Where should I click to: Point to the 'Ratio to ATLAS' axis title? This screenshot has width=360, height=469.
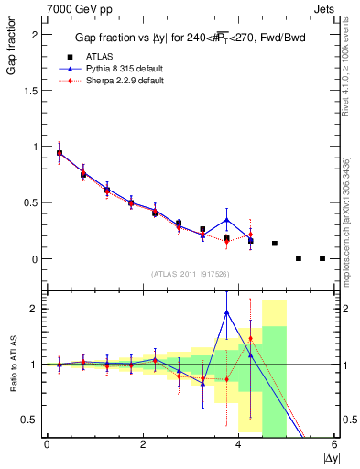(13, 364)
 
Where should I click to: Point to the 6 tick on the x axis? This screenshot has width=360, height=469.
(334, 444)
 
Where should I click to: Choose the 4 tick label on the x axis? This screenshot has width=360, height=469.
(238, 444)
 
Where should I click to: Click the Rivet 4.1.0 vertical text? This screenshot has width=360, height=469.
(349, 64)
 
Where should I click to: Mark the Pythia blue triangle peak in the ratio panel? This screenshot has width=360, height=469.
(226, 312)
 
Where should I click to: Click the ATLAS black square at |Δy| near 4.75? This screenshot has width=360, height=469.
(275, 244)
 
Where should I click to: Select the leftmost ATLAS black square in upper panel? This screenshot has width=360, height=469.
(60, 153)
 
